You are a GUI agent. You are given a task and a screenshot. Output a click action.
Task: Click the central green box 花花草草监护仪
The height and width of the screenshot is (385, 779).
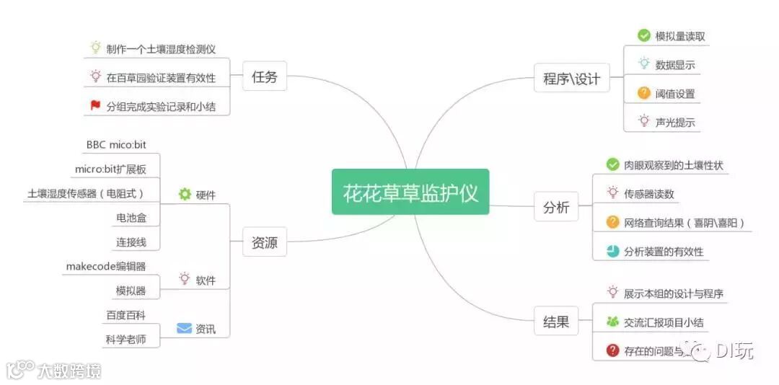[410, 192]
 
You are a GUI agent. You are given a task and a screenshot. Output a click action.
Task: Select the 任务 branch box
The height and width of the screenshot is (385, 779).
[265, 77]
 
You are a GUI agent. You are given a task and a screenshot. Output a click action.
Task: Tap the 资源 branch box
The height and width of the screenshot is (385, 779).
[265, 243]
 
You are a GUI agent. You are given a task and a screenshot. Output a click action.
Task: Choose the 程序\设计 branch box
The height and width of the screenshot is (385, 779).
[571, 79]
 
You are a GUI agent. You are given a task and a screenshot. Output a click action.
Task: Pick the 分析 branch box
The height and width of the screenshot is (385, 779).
[556, 208]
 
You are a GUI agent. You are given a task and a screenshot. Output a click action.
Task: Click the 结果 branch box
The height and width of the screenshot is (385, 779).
[556, 322]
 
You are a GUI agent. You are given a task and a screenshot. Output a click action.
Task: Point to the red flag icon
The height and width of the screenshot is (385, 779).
[95, 106]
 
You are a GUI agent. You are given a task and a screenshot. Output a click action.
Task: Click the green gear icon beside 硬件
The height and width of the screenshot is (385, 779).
[185, 194]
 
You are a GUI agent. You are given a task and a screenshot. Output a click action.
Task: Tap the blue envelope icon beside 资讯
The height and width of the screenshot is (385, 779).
[185, 329]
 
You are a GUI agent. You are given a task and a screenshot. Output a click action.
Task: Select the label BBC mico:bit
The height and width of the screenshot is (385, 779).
[116, 145]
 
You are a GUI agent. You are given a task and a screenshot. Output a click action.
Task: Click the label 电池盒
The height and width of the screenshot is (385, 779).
[131, 218]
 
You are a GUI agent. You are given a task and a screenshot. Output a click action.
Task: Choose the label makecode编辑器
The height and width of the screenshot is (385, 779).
[106, 267]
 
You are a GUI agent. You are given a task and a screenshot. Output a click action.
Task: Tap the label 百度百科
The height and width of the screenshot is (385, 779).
[126, 315]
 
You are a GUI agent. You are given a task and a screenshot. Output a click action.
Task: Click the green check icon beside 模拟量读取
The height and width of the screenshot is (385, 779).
[644, 35]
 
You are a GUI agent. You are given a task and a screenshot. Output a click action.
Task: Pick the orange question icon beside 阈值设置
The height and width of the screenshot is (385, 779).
[644, 93]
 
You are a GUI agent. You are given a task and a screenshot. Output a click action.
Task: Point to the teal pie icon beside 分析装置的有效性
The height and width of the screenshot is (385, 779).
[612, 251]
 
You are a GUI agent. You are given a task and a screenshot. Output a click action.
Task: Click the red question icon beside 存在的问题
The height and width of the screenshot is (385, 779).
[612, 350]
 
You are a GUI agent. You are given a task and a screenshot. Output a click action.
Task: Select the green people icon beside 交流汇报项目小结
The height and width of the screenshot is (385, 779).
[612, 322]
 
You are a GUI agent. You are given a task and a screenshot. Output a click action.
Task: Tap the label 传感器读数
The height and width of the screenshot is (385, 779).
[649, 194]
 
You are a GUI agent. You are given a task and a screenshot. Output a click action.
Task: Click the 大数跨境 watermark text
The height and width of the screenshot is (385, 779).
[69, 371]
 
